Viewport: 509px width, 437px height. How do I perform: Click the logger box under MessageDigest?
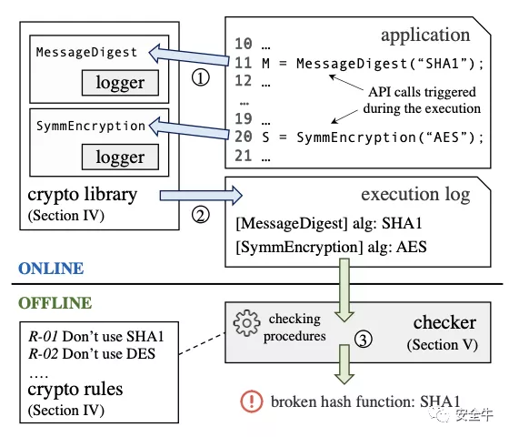(120, 83)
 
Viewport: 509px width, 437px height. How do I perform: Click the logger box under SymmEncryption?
(120, 157)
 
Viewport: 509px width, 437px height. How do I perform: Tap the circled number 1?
(201, 78)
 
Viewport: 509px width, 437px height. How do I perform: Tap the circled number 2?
(201, 215)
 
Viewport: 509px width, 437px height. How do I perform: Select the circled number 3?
(364, 340)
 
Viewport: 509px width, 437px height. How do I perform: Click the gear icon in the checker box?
(246, 323)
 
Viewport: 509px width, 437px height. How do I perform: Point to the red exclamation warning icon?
(252, 401)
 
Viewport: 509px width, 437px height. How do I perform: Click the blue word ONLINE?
(51, 269)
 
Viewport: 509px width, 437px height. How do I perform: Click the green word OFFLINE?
(55, 303)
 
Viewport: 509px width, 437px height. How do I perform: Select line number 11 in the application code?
(244, 63)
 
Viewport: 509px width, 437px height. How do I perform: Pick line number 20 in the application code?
(244, 137)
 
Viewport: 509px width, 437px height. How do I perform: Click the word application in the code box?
(425, 36)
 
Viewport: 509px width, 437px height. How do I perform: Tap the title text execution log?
(415, 195)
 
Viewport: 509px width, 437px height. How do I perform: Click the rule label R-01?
(44, 337)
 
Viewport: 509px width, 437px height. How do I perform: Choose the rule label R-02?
(44, 354)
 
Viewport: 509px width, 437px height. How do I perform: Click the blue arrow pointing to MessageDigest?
(189, 56)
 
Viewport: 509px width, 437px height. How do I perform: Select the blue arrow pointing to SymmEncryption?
(189, 128)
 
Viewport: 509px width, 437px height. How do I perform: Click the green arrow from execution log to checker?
(344, 290)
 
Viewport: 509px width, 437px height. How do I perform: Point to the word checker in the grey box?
(444, 323)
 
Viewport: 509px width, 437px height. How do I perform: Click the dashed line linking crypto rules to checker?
(202, 343)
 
